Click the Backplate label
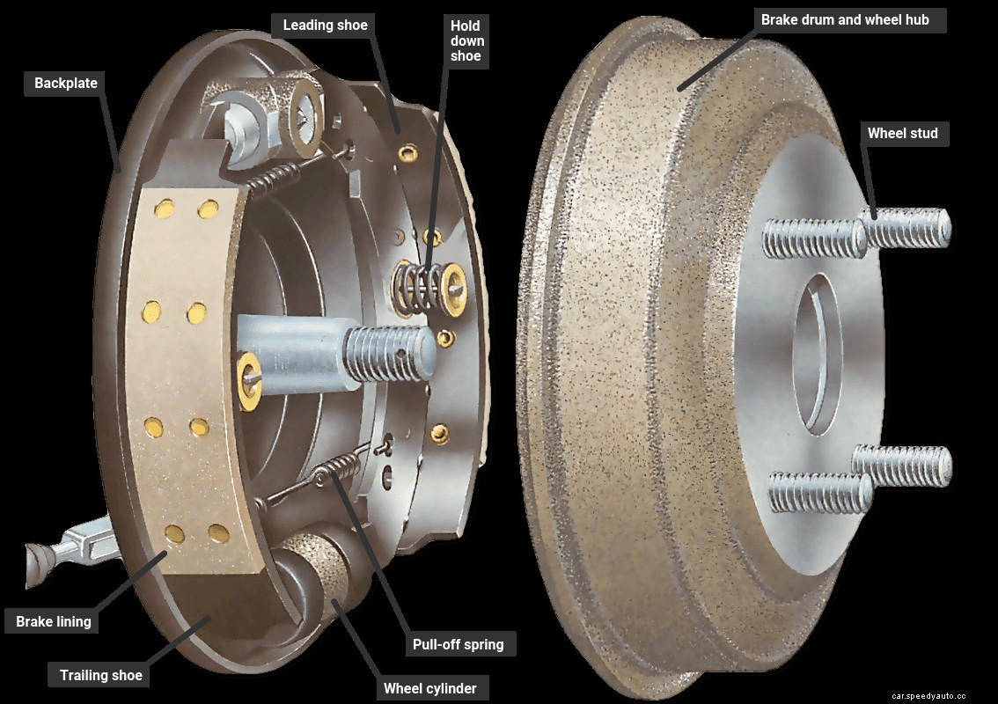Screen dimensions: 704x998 [66, 84]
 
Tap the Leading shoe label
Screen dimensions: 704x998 [325, 25]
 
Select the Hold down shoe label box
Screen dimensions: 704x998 [466, 40]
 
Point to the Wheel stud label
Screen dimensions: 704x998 [902, 134]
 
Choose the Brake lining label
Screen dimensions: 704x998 [54, 621]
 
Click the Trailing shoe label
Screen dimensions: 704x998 [100, 676]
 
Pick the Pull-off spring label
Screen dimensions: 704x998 [459, 644]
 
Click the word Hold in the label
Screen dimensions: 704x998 [466, 26]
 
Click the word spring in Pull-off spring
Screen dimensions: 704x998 [483, 644]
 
